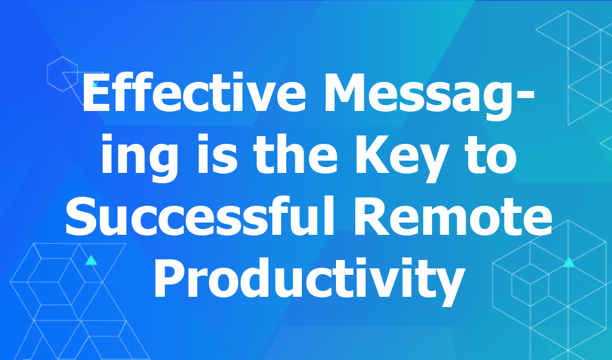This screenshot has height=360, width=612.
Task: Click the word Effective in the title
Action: pyautogui.click(x=194, y=93)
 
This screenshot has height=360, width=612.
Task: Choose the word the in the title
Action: pyautogui.click(x=295, y=153)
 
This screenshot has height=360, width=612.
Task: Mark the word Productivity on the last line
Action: pyautogui.click(x=310, y=280)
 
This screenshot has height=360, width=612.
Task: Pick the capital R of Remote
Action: pyautogui.click(x=370, y=216)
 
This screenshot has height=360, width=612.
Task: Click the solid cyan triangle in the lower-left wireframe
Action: pyautogui.click(x=91, y=261)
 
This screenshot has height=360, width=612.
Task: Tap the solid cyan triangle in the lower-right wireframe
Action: pyautogui.click(x=569, y=263)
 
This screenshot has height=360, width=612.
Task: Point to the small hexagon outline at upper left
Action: pyautogui.click(x=63, y=74)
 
